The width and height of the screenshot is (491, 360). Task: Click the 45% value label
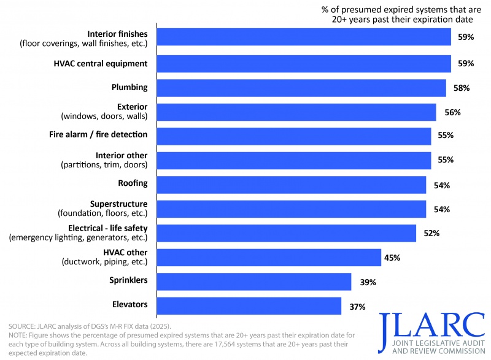point(392,258)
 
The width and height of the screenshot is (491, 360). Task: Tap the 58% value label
point(462,88)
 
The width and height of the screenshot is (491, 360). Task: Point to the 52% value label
point(431,233)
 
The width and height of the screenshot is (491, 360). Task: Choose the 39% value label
point(367,282)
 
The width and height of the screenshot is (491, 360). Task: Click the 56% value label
point(452,112)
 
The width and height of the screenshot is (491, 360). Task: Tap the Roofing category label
point(133,183)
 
